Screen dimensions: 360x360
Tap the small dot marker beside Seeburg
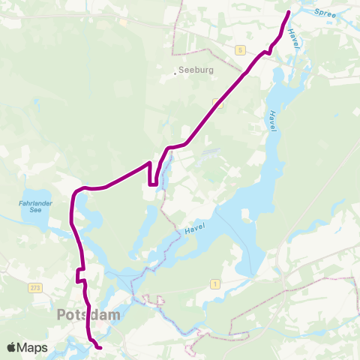[x=175, y=72]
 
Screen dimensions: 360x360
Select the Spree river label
[x=325, y=13]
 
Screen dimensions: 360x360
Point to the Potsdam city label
[x=88, y=315]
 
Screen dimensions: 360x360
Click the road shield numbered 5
[x=239, y=49]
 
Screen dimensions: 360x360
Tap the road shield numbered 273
[x=34, y=288]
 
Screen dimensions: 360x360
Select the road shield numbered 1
[x=215, y=283]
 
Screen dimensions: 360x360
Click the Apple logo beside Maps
[x=12, y=348]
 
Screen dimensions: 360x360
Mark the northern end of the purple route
[x=289, y=11]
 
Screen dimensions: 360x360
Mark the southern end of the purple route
[x=100, y=347]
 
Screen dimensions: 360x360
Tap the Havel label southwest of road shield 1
[x=194, y=224]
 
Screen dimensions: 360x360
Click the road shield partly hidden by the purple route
[x=217, y=102]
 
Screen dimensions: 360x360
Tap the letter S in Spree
[x=318, y=11]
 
